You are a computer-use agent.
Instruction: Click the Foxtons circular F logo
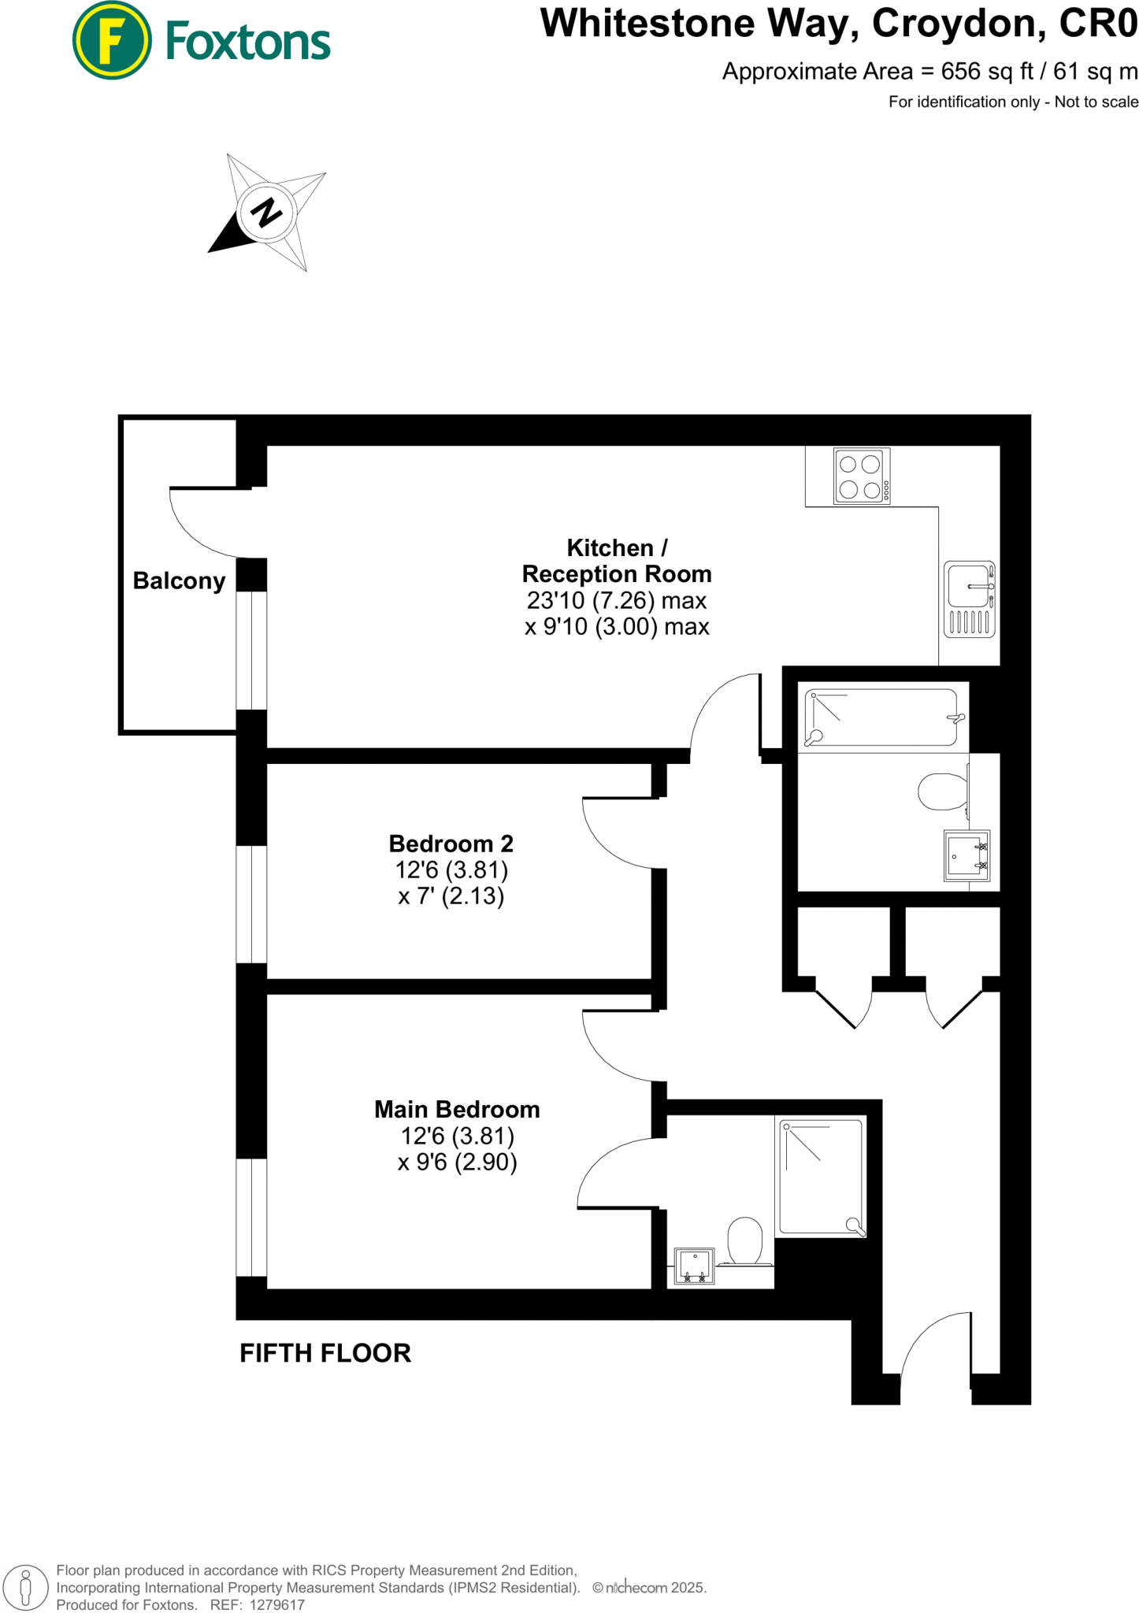click(111, 40)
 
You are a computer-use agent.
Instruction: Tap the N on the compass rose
click(267, 213)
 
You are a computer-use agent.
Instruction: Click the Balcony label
click(179, 581)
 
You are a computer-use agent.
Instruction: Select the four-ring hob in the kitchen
click(861, 476)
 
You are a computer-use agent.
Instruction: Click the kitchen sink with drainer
click(969, 599)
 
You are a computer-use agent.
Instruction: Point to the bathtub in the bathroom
click(882, 718)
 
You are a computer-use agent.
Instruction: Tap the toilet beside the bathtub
click(944, 792)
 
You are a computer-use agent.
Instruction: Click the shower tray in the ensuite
click(821, 1177)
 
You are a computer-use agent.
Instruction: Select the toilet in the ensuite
click(744, 1243)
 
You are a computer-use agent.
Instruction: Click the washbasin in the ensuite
click(694, 1266)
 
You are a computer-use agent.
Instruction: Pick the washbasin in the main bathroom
click(966, 855)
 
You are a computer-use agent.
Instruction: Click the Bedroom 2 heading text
click(451, 844)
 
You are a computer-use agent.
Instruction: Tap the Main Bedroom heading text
click(457, 1110)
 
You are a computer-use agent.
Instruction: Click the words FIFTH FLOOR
click(325, 1353)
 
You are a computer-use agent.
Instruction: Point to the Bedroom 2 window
click(252, 904)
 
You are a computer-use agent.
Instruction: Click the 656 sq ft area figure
click(987, 72)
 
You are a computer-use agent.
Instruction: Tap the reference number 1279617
click(276, 1604)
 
